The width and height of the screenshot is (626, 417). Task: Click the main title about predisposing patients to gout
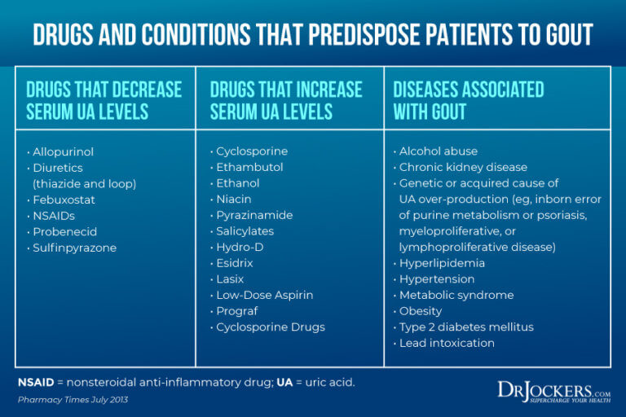tap(313, 34)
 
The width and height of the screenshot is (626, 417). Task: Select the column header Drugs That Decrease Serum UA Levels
tap(104, 100)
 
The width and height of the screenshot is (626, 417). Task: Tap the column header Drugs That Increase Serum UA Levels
tap(286, 100)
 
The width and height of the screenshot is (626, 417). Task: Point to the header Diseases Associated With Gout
tap(469, 100)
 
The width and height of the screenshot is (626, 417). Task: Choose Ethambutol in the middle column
tap(249, 167)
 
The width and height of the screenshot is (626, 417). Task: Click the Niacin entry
tap(234, 200)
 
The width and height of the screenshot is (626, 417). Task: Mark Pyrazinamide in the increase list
tap(254, 215)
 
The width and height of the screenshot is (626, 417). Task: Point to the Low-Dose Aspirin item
tap(264, 295)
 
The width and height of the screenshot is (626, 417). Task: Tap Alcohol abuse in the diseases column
tap(439, 151)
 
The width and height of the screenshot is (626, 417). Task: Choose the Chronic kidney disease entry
tap(463, 167)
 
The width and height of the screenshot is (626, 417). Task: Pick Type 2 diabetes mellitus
tap(466, 327)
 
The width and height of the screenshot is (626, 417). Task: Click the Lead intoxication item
tap(447, 343)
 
